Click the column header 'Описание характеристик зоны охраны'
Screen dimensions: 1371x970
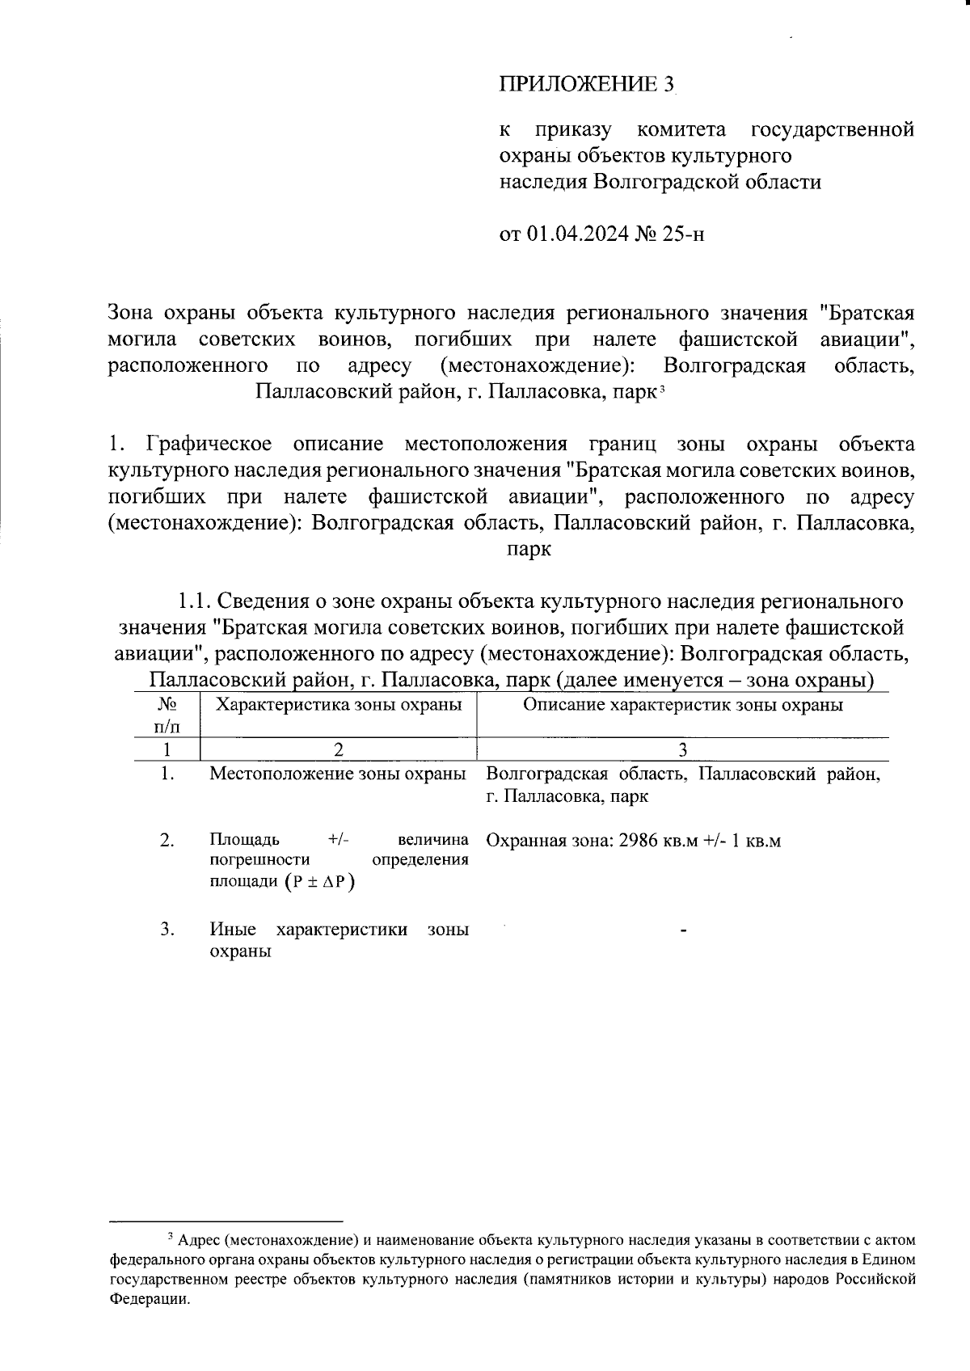683,705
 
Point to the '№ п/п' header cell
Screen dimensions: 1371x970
167,715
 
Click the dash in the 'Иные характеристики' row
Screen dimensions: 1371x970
684,932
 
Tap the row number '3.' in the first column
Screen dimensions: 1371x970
167,930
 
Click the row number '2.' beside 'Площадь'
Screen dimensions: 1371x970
167,841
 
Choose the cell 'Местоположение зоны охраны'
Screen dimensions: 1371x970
338,774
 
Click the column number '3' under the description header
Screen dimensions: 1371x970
683,749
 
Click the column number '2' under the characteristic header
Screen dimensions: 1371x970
338,749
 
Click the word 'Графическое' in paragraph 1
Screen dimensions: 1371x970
209,445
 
